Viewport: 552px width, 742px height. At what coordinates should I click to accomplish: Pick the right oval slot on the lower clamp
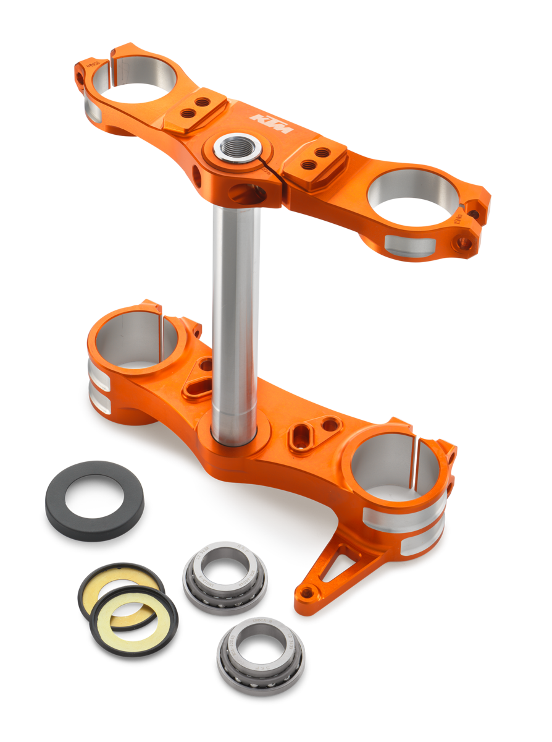304,433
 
